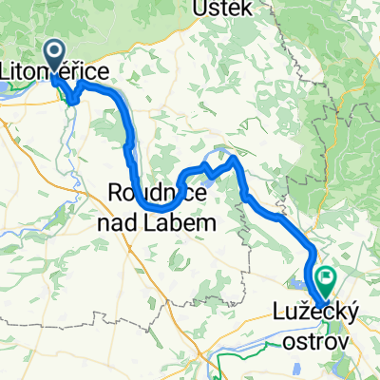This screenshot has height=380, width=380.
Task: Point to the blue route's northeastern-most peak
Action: pos(234,157)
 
